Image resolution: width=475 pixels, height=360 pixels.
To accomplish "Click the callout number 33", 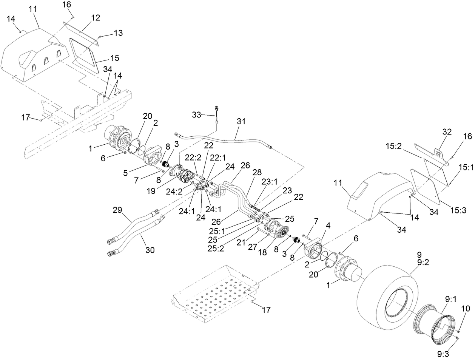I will pos(196,114).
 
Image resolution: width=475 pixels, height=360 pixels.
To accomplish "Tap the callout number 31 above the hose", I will pos(241,121).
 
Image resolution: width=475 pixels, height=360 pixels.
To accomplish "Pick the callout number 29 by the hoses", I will pos(118,210).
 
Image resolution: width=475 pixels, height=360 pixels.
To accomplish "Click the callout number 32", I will pos(447,132).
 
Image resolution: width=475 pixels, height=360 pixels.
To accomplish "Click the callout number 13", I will pos(118,33).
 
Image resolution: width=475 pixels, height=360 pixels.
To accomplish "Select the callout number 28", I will pos(257,172).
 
